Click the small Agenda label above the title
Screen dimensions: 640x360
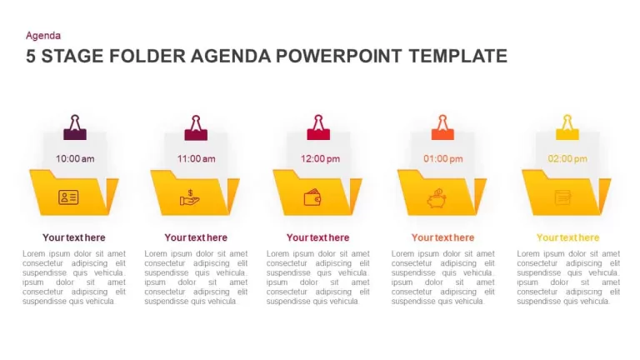click(x=43, y=36)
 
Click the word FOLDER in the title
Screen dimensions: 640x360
click(x=147, y=56)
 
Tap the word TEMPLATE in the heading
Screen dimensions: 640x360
click(x=458, y=56)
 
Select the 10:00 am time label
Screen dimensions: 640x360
click(x=75, y=159)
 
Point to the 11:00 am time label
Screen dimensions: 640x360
click(x=197, y=159)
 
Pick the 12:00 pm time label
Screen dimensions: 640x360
click(x=320, y=159)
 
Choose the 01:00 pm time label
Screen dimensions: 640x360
click(x=443, y=159)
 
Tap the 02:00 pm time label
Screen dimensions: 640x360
click(x=567, y=159)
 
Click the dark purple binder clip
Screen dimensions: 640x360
click(x=75, y=127)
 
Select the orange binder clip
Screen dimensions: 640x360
click(x=442, y=127)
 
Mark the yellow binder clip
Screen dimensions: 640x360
click(x=567, y=127)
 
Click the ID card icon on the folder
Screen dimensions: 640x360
click(x=68, y=197)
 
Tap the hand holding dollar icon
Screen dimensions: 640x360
click(x=190, y=198)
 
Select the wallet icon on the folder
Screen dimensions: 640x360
click(x=312, y=197)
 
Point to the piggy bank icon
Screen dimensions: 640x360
click(x=437, y=198)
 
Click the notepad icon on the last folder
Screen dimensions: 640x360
click(x=563, y=198)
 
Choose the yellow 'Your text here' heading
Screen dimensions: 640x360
click(x=567, y=237)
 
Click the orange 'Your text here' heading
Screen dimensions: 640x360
click(x=442, y=237)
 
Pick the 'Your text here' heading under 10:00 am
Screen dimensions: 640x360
click(x=74, y=237)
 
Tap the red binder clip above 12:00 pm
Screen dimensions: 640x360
click(x=318, y=127)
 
